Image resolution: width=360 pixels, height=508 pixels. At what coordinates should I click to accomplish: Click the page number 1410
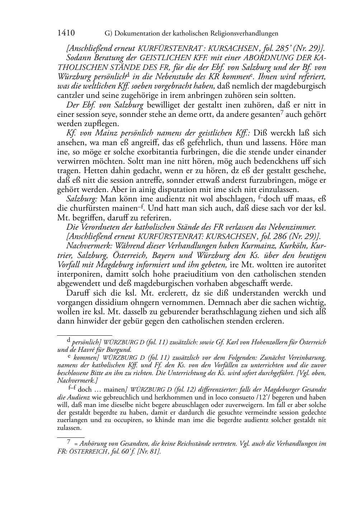(x=66, y=33)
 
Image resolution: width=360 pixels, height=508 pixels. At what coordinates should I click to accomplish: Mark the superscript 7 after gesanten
(x=281, y=112)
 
